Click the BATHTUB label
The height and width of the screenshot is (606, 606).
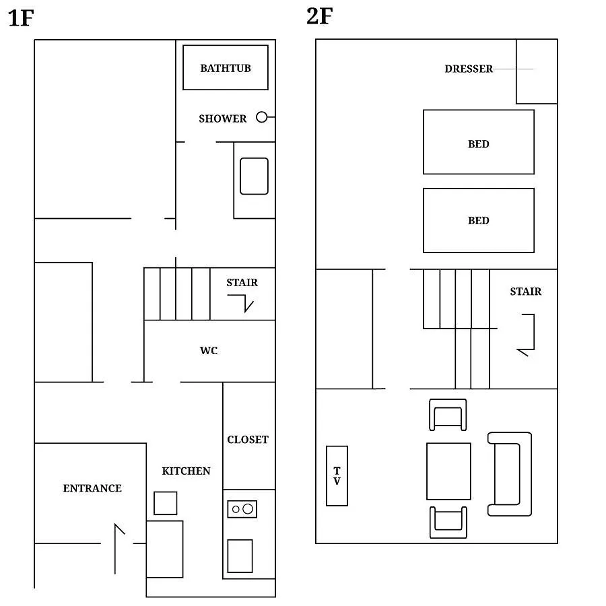point(226,69)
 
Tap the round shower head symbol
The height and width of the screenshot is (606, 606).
point(262,116)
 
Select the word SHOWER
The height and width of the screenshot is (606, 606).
point(223,119)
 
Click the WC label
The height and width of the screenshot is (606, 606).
point(209,351)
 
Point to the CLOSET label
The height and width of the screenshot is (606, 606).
point(248,440)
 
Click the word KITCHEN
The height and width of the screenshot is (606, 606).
point(187,471)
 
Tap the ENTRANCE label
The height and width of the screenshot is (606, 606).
point(92,489)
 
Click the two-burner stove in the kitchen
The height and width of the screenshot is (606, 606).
point(242,509)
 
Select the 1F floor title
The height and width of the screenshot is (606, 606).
point(21,18)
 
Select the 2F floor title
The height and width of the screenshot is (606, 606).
point(320,16)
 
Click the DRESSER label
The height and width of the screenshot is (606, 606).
point(469,69)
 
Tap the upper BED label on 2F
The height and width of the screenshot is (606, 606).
point(479,144)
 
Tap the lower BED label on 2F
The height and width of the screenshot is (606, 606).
point(479,221)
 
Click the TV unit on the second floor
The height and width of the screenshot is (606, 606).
point(337,476)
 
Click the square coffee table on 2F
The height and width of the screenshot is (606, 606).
point(448,471)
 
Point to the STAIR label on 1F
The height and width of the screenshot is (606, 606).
point(242,283)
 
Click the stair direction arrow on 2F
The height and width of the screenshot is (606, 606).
point(534,333)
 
